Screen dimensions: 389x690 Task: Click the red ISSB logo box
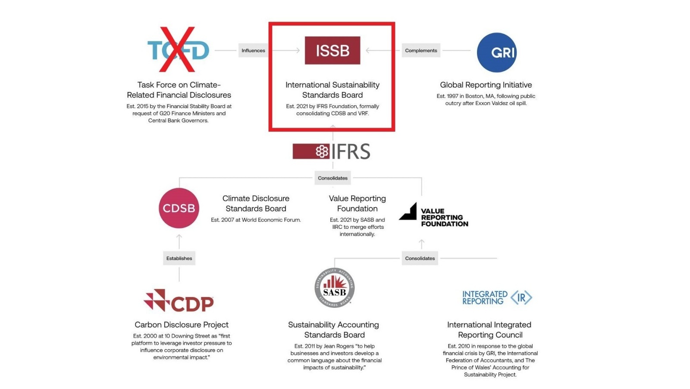click(x=332, y=51)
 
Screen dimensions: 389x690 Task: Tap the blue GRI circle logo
click(x=496, y=52)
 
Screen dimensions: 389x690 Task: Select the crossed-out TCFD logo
click(x=178, y=50)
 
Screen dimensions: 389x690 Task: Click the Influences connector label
click(x=253, y=51)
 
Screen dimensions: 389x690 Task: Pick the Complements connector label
click(x=421, y=51)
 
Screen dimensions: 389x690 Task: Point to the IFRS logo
click(x=332, y=152)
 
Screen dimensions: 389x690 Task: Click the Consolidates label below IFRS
click(x=332, y=178)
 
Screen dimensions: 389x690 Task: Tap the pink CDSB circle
click(x=179, y=208)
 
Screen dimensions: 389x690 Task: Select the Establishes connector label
click(x=179, y=258)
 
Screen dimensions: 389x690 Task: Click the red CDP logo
click(x=179, y=300)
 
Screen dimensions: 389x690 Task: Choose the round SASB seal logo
click(x=334, y=288)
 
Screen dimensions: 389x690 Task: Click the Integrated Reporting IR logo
click(x=497, y=297)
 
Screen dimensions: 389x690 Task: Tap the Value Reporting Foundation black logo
click(x=433, y=215)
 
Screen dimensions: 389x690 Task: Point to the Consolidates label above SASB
click(x=420, y=258)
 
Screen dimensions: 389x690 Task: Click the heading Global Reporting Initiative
click(x=486, y=85)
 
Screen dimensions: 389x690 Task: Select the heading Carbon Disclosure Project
click(x=182, y=325)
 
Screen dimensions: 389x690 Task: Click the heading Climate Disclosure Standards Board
click(x=256, y=203)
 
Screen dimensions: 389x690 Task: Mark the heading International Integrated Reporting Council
click(x=489, y=330)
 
